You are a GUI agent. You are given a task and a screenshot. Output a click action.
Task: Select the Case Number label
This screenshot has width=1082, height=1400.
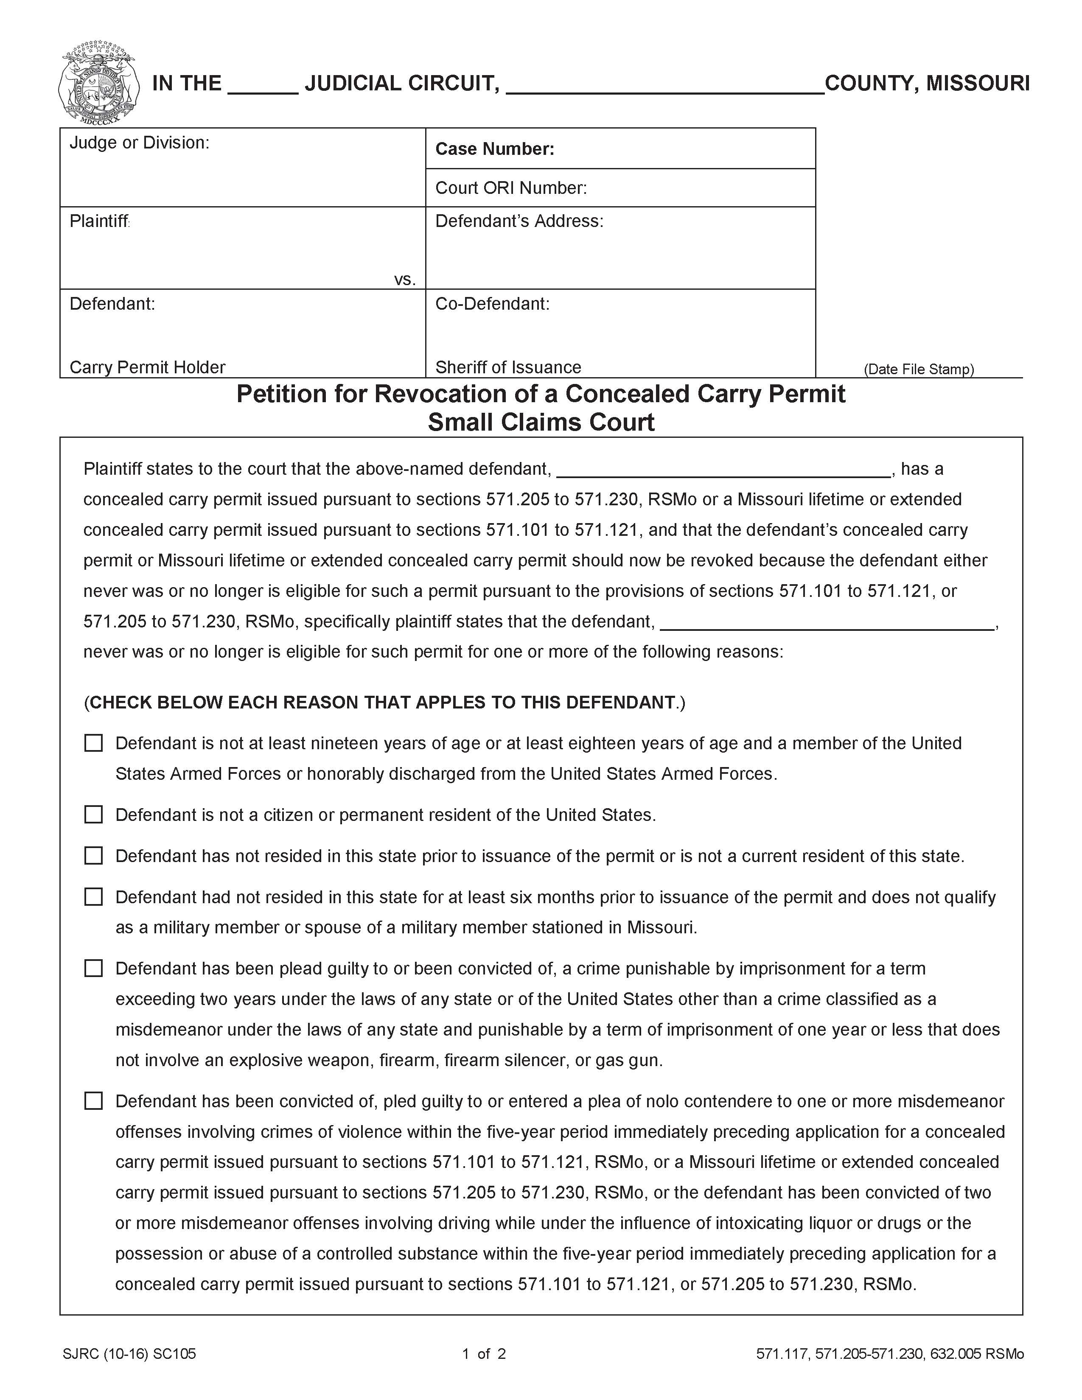click(494, 149)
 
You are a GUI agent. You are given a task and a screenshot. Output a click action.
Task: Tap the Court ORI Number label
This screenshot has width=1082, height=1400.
click(511, 188)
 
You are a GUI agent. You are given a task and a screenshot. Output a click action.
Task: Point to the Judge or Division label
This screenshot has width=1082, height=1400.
click(139, 142)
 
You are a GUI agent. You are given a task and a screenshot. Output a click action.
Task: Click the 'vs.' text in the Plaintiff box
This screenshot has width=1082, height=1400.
click(404, 280)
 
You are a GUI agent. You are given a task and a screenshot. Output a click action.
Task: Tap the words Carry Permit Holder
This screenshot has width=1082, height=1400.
click(147, 367)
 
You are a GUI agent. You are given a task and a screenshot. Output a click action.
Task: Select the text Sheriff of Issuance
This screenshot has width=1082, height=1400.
click(507, 367)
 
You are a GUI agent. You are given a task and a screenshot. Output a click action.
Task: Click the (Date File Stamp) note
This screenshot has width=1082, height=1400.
click(919, 369)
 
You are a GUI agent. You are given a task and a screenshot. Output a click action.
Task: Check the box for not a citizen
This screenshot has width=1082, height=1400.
click(94, 815)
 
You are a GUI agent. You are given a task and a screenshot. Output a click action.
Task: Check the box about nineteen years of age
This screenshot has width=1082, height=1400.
click(94, 743)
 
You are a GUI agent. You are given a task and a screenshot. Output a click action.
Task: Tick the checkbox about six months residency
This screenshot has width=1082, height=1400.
click(94, 897)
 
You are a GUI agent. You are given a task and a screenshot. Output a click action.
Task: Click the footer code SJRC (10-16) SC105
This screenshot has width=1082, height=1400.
click(129, 1354)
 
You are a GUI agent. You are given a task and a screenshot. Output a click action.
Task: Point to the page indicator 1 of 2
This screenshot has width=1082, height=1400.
click(484, 1354)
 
